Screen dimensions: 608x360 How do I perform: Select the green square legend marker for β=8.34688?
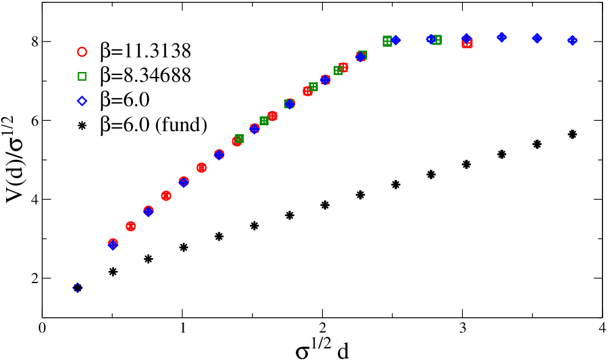[x=82, y=76]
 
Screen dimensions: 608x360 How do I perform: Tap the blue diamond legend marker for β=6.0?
[x=82, y=101]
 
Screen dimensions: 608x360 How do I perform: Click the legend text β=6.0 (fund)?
[x=154, y=126]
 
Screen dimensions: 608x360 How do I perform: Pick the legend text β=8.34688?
[x=146, y=76]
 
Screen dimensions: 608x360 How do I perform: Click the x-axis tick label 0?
[x=42, y=328]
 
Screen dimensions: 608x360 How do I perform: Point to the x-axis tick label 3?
[x=462, y=328]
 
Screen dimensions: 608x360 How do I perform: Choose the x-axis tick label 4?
[x=602, y=328]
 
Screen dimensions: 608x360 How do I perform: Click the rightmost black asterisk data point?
[x=572, y=134]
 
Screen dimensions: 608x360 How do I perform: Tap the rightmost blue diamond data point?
[x=573, y=40]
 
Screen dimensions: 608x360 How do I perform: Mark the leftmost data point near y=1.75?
[x=77, y=288]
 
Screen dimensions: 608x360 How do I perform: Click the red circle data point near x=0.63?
[x=131, y=226]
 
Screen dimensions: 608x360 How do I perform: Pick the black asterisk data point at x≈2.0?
[x=325, y=205]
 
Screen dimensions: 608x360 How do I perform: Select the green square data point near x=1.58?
[x=264, y=121]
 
